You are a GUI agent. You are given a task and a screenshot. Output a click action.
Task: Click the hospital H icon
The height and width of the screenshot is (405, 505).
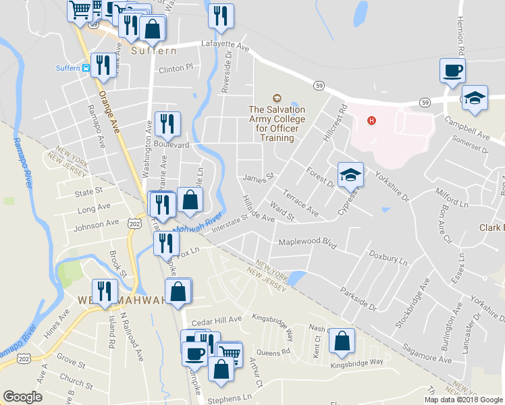[370, 121]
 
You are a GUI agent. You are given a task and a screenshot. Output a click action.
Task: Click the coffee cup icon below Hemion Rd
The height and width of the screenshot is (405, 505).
[452, 70]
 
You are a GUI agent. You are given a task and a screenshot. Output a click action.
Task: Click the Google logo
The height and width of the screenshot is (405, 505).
[23, 396]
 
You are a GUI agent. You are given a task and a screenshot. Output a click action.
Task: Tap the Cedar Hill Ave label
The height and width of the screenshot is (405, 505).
[216, 319]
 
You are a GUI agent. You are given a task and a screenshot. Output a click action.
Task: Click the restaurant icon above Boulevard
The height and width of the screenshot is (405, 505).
[167, 124]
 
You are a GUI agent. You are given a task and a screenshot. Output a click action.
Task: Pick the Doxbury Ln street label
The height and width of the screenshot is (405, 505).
[388, 258]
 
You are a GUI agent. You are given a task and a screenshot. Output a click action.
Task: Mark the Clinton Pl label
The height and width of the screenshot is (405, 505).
[176, 68]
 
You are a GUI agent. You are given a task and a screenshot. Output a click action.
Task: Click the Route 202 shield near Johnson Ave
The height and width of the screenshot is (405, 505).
[134, 223]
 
